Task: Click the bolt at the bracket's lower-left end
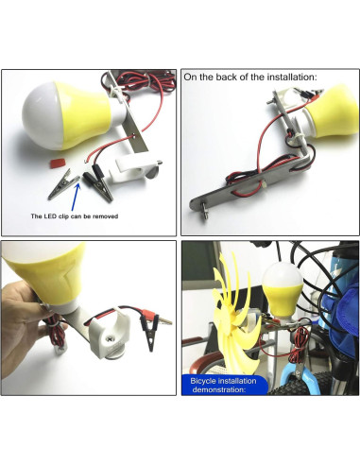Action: [205, 206]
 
